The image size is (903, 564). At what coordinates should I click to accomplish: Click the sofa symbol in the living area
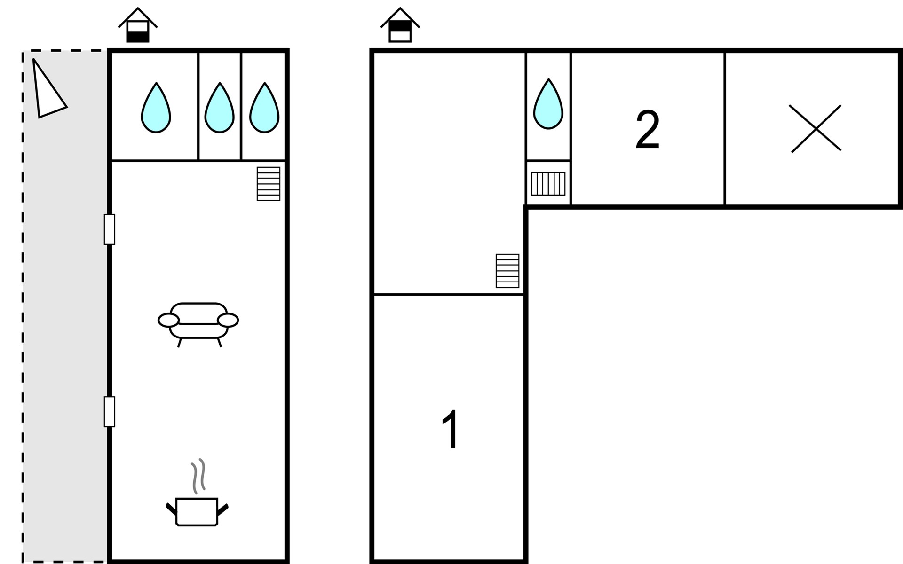(x=198, y=322)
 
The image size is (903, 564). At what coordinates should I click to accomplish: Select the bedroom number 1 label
(x=450, y=430)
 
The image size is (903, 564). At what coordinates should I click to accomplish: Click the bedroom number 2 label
(x=647, y=130)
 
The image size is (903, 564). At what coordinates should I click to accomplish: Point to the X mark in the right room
(x=816, y=128)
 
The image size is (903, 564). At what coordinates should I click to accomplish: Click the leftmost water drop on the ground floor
(x=156, y=109)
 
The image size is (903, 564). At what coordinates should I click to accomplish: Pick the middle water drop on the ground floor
(x=219, y=109)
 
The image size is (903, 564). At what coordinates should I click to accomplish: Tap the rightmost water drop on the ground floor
(x=264, y=109)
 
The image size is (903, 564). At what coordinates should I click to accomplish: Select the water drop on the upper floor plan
(x=548, y=105)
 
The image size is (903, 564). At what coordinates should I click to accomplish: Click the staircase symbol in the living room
(x=269, y=184)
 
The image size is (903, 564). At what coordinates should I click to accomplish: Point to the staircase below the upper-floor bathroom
(x=548, y=184)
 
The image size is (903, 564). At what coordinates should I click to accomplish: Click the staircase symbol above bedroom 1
(x=507, y=271)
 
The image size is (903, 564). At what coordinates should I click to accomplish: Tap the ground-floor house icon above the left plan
(x=138, y=26)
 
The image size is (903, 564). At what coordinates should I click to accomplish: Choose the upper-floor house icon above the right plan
(x=400, y=26)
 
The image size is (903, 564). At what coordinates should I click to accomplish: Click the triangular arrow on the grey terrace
(x=47, y=92)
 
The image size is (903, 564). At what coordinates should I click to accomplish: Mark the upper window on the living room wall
(x=110, y=229)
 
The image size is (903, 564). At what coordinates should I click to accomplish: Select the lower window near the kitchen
(x=110, y=412)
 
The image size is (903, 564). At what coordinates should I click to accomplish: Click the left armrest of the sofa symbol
(x=168, y=321)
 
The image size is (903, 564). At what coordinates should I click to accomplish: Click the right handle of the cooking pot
(x=223, y=509)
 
